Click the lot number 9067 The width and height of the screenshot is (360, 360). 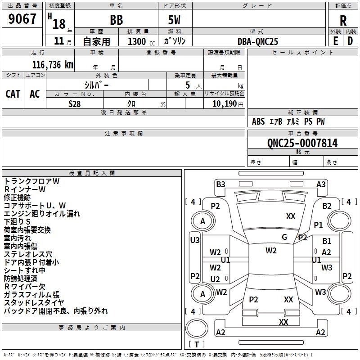[22, 19]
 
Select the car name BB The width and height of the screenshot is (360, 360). [117, 20]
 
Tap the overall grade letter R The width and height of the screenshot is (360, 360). [343, 21]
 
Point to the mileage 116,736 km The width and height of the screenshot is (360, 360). [53, 65]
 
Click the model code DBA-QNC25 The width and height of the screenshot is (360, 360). [257, 41]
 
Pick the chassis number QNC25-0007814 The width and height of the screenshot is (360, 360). [302, 143]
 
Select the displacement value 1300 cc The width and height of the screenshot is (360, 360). [141, 41]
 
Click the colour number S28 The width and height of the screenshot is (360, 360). [75, 104]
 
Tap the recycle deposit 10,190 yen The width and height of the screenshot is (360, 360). [228, 104]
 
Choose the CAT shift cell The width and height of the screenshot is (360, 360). [13, 94]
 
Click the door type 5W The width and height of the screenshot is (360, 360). [174, 20]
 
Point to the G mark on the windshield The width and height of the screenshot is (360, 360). [284, 237]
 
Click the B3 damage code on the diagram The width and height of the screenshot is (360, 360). [220, 184]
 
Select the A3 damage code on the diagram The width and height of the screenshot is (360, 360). [321, 184]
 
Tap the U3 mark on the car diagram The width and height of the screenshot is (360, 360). [195, 240]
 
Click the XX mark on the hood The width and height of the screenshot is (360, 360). [291, 216]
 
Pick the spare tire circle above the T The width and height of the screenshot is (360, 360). [197, 328]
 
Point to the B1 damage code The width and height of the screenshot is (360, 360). [327, 241]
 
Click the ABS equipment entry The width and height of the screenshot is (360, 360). [258, 121]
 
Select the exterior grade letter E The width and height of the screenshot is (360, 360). [336, 41]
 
